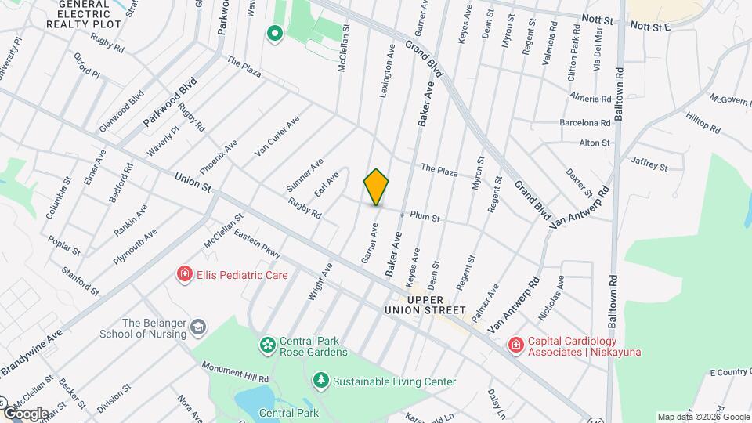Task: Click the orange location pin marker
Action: (x=376, y=186)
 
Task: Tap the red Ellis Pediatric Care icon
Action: (x=185, y=275)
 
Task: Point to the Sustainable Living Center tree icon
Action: (x=320, y=381)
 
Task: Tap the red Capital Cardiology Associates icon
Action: (x=515, y=344)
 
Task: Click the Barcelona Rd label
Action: (x=584, y=123)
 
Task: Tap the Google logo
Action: (x=25, y=413)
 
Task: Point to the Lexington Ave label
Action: (x=388, y=70)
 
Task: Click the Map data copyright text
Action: (x=703, y=417)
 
